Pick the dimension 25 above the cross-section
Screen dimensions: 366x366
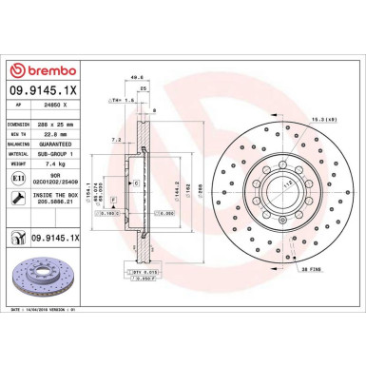(x=143, y=88)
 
